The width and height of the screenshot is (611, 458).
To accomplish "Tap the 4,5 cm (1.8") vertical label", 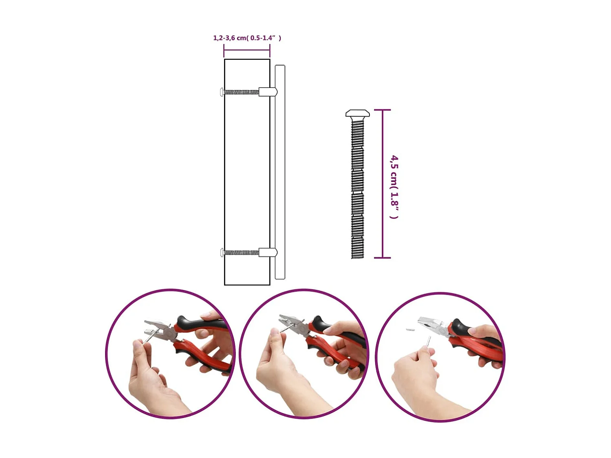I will [394, 186].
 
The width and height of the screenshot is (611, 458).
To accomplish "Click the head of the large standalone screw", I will [357, 114].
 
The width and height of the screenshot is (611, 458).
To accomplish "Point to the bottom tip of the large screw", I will [357, 256].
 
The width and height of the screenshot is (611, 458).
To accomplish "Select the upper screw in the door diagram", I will [240, 92].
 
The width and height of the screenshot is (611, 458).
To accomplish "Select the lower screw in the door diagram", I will [240, 253].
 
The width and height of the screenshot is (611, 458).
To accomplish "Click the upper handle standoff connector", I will [268, 92].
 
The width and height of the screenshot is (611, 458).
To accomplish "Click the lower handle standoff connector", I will [268, 253].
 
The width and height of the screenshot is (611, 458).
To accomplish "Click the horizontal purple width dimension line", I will [247, 50].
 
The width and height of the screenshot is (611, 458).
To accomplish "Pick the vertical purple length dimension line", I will [382, 183].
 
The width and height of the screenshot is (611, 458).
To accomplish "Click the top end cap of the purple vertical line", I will [382, 110].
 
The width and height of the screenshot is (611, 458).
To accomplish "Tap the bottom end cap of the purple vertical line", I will [382, 258].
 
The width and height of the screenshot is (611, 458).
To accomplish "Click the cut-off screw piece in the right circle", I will [410, 329].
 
